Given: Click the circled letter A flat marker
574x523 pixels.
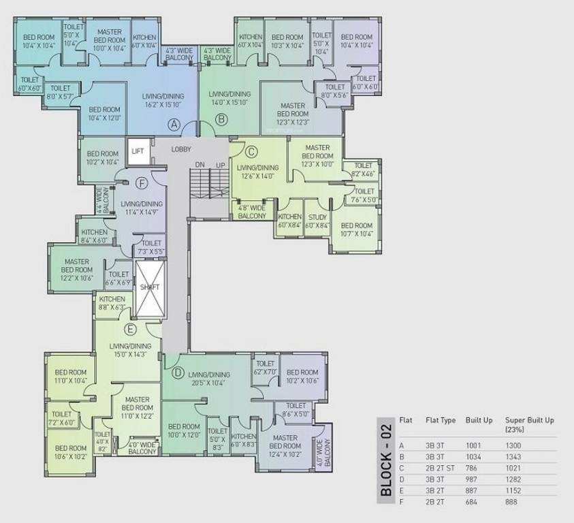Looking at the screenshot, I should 174,125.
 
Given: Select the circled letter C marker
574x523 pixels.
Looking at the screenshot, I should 251,152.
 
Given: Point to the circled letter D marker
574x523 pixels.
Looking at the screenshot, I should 178,373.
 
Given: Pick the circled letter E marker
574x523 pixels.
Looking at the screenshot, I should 131,330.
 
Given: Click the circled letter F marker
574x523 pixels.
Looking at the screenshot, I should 142,183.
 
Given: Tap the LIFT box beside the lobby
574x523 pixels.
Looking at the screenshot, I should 138,151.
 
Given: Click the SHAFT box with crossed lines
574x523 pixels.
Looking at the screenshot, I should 149,288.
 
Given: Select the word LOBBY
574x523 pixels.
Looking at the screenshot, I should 181,149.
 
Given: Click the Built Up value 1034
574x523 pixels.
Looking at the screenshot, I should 475,456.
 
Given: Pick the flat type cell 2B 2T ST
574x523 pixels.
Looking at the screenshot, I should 440,468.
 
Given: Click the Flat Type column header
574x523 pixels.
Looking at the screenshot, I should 440,420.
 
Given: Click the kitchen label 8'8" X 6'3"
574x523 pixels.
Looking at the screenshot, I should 112,303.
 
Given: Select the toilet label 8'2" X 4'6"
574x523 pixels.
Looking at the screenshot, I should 364,170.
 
